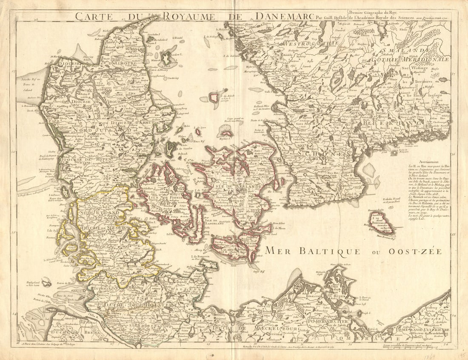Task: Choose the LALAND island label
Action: point(227,250)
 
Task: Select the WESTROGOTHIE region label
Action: point(315,43)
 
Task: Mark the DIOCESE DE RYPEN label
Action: point(85,160)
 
